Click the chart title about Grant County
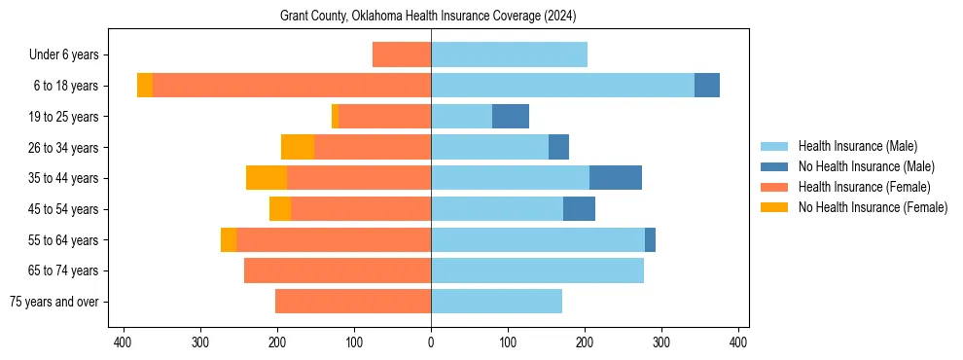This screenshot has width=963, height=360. pos(429,17)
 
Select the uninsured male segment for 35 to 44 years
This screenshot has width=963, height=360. pos(616,178)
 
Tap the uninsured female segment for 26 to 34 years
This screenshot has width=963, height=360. pos(298,147)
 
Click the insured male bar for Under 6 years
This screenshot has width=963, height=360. pos(509,54)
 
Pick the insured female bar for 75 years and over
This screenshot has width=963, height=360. pos(353,302)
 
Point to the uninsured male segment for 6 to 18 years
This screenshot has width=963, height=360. pos(707,86)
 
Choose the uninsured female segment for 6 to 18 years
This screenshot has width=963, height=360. pos(145,86)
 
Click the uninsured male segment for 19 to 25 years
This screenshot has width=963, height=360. pos(511,117)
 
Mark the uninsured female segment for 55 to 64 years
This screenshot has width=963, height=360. pos(229,240)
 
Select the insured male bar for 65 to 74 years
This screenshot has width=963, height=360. pos(537,270)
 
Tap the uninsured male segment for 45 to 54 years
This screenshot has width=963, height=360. pos(579,209)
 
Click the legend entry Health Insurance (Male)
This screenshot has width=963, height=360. pos(857,146)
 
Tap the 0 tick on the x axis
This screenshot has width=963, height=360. pos(431,342)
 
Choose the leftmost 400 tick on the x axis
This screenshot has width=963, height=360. pos(123,342)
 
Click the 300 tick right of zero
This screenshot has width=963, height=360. pos(661,342)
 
